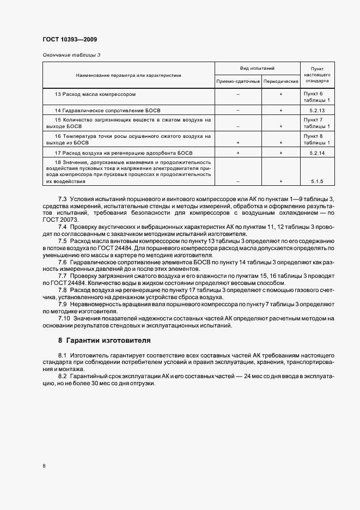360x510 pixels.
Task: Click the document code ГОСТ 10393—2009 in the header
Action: point(70,39)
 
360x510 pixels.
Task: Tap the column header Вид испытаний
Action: point(258,69)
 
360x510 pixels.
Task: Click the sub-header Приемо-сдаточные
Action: point(238,81)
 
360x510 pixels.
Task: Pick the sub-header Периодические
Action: point(280,81)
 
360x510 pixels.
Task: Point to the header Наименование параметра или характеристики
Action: point(129,75)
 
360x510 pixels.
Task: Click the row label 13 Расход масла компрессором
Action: point(95,94)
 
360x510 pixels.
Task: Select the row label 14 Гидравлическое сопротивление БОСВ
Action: point(108,111)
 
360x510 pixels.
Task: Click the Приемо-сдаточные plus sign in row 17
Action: point(238,153)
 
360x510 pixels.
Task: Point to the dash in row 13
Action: point(238,94)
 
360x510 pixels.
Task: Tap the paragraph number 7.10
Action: point(64,318)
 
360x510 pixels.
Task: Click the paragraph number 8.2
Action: point(63,377)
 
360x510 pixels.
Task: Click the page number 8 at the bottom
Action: point(44,466)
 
